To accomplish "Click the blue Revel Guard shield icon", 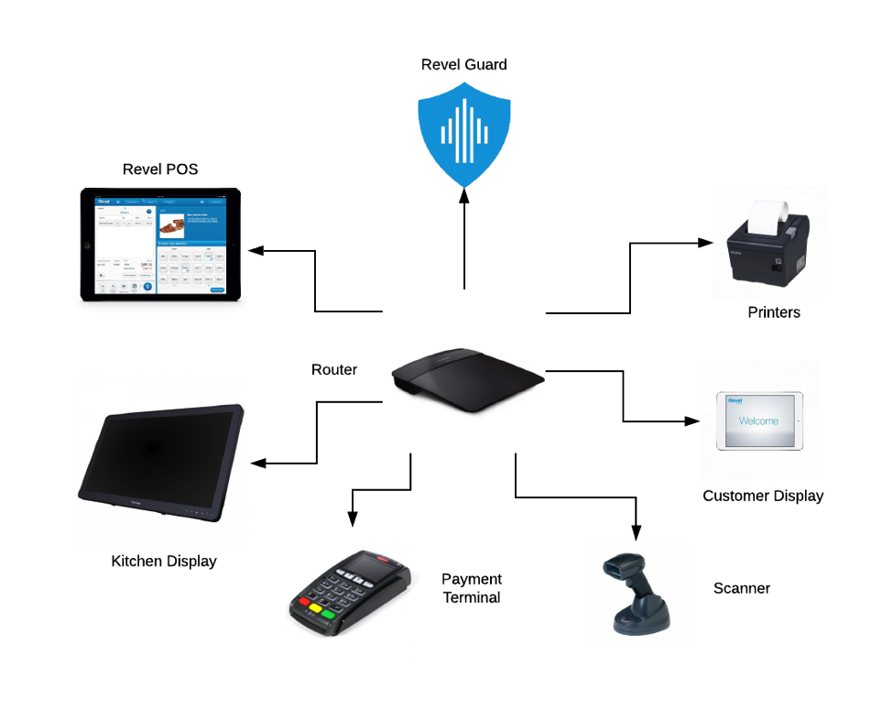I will [463, 133].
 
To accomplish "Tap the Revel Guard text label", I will [463, 64].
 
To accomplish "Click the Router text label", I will [334, 370].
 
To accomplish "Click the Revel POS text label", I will [160, 169].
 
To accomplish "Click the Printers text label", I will [774, 312].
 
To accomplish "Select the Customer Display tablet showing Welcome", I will [758, 421].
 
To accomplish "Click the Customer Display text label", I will [763, 496].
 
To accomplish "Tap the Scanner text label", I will [742, 588].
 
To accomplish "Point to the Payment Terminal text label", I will [472, 588].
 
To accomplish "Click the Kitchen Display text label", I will [164, 561].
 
